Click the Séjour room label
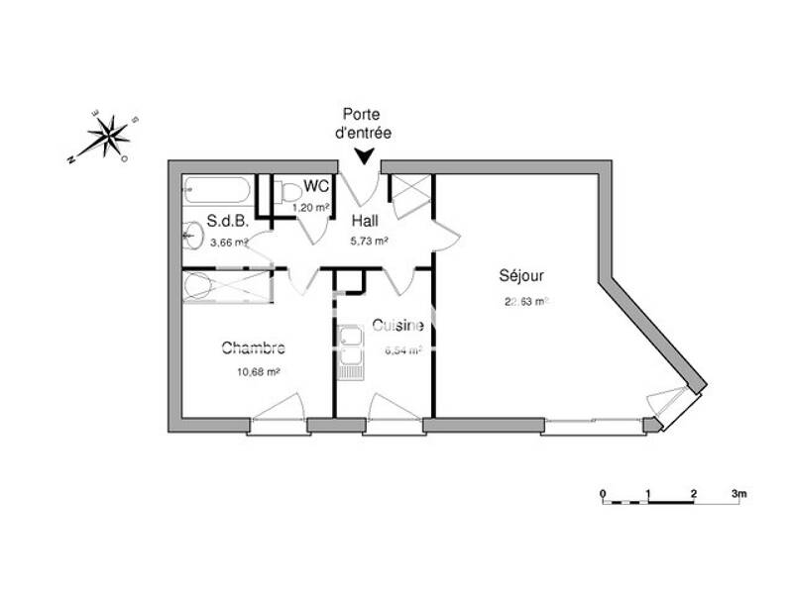point(521,276)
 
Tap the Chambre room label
point(253,347)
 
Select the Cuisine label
point(398,326)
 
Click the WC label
point(316,185)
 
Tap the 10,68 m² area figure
point(257,371)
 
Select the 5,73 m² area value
point(369,240)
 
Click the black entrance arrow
point(365,154)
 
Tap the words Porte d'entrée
point(364,123)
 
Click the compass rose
point(108,135)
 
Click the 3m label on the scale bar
point(738,492)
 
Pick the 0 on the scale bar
point(603,492)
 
